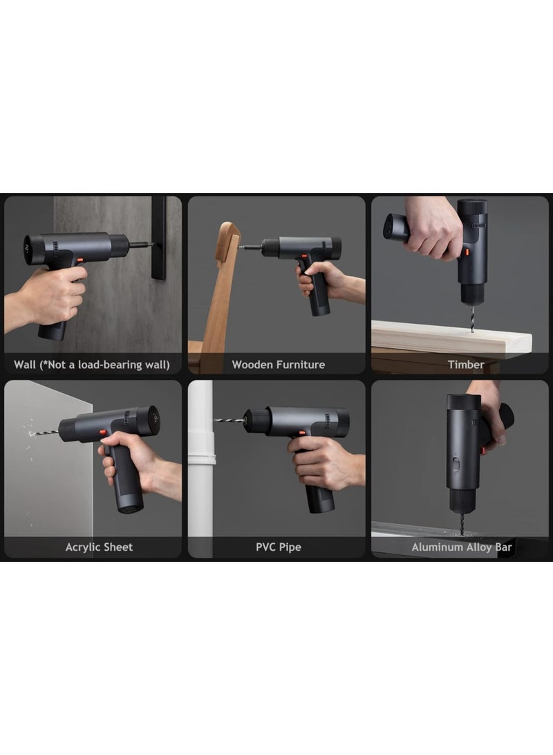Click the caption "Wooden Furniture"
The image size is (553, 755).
point(278,365)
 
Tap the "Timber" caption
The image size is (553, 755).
point(465,365)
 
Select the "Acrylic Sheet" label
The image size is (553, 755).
point(99,547)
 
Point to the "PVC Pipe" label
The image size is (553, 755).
point(278,547)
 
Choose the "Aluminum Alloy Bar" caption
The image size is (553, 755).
point(462,547)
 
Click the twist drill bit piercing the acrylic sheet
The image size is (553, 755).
point(44,433)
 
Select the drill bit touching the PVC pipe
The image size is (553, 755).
point(230,420)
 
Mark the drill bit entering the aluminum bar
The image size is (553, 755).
point(462,522)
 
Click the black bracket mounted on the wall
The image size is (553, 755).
point(159,237)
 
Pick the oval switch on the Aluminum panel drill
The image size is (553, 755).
point(456,464)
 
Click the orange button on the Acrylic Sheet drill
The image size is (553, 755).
point(103,432)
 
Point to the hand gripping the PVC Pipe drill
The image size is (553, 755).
point(326,463)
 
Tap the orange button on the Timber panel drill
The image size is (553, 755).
point(466,252)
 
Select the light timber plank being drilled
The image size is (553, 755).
point(452,340)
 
